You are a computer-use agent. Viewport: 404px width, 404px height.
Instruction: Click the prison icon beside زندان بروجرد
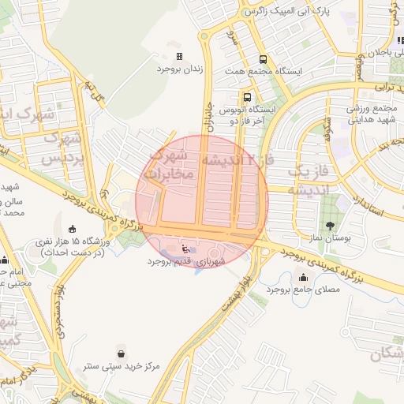coord(179,56)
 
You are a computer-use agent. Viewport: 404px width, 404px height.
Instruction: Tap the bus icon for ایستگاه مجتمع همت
coord(263,59)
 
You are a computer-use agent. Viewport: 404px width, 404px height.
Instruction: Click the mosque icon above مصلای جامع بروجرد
coord(304,275)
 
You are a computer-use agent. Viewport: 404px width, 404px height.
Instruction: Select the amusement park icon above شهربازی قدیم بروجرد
coord(185,249)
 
